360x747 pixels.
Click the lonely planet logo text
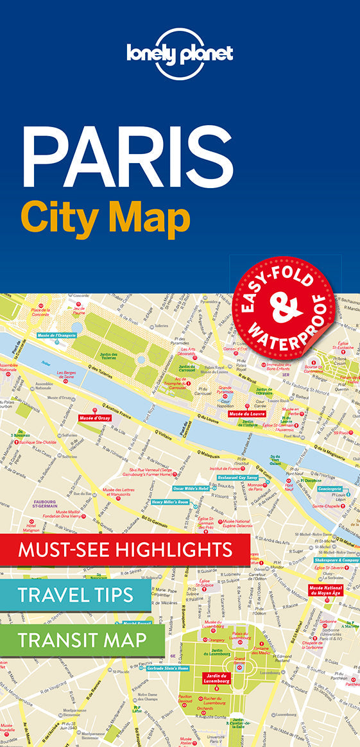pos(180,53)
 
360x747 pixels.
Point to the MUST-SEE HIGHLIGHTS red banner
pos(125,549)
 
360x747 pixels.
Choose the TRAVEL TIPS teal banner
pos(76,594)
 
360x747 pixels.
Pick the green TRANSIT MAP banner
pos(82,639)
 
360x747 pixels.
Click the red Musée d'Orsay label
pos(95,418)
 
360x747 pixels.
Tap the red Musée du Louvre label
pos(247,414)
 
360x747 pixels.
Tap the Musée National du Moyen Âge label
pos(325,590)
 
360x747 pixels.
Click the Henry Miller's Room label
pos(170,502)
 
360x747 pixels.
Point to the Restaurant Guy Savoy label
pos(238,478)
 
